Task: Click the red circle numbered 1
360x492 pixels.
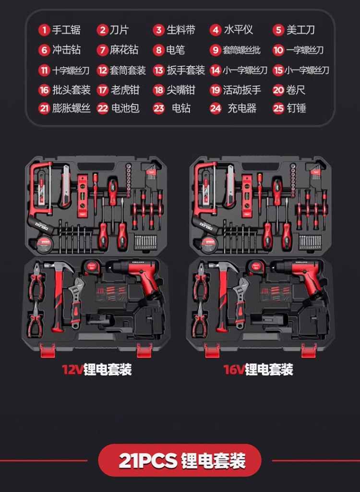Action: [45, 30]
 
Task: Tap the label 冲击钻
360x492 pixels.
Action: [66, 50]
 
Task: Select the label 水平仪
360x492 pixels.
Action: [239, 30]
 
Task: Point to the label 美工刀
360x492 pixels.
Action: [300, 30]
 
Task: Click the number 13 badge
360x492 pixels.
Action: [159, 70]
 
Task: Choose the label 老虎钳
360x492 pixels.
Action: [125, 90]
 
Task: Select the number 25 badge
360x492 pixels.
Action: [279, 108]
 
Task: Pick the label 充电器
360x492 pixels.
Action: [242, 108]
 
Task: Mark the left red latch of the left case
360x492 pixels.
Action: [47, 351]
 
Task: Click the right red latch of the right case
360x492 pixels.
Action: [309, 351]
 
